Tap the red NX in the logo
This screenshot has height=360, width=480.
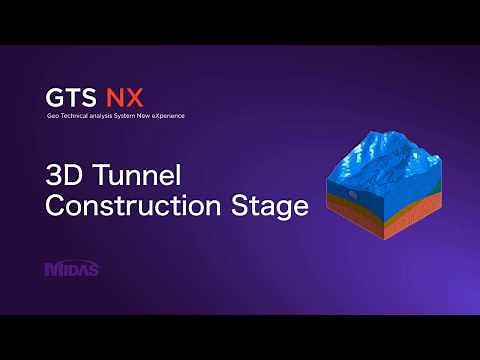(126, 98)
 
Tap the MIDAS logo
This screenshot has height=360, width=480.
(72, 268)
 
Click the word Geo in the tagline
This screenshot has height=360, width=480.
(53, 117)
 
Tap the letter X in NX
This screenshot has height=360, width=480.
(135, 98)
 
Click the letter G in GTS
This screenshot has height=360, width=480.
(56, 98)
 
